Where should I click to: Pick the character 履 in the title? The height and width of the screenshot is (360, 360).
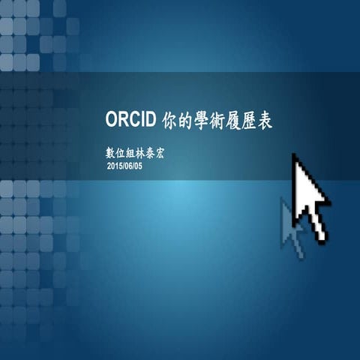tap(241, 121)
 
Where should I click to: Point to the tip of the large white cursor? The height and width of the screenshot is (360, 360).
tap(295, 156)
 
